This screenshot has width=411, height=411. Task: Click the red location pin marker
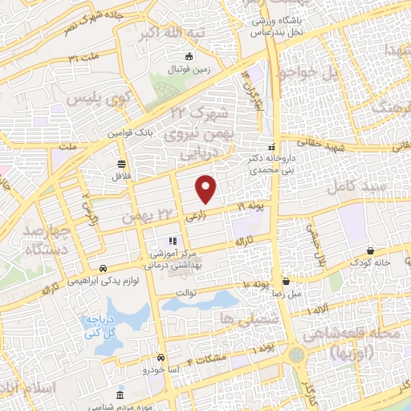206,189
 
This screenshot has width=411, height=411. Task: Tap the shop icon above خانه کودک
369,250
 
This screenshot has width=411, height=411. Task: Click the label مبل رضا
286,294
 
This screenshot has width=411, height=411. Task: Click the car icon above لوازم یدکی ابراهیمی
103,269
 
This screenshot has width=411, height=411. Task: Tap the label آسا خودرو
157,370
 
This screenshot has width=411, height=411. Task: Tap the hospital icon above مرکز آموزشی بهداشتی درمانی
171,241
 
